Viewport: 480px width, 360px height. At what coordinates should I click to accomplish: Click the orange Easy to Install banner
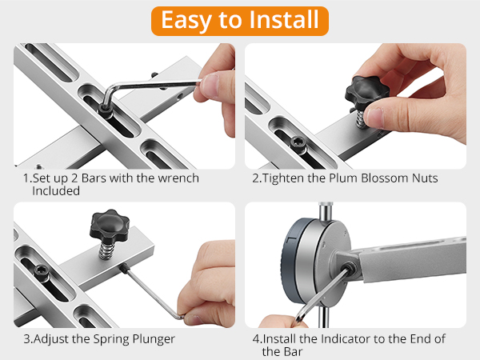(x=240, y=20)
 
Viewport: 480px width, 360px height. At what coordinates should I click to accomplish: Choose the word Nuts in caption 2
(x=424, y=178)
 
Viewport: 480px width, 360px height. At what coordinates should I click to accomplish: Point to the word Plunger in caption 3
(x=152, y=338)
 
